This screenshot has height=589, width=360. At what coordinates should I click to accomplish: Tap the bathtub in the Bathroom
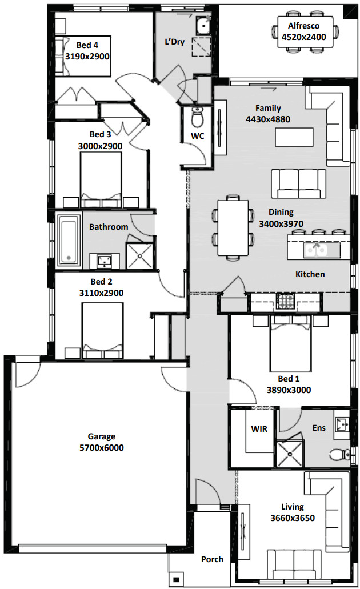tap(69, 241)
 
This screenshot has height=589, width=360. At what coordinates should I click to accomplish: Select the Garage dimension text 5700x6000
tap(102, 448)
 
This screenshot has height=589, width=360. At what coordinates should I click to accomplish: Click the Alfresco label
tap(303, 26)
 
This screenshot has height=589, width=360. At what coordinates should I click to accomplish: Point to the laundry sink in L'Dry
tap(203, 26)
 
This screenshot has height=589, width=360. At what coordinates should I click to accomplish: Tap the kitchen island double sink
tap(317, 250)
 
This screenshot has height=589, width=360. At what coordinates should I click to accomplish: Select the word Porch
tap(212, 559)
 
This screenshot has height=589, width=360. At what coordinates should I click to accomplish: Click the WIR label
tap(259, 428)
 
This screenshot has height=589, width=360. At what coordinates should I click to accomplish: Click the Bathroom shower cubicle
tap(140, 256)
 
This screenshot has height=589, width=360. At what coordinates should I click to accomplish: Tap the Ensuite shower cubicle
tap(290, 454)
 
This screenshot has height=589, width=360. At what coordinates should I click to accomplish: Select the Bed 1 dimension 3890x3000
tap(289, 390)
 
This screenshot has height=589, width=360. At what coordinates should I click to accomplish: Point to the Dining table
tap(233, 227)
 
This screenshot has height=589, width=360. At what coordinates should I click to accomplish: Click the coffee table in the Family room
tap(294, 137)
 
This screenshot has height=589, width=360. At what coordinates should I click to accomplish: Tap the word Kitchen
tap(310, 274)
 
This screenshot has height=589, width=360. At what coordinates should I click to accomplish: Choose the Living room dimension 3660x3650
tap(293, 518)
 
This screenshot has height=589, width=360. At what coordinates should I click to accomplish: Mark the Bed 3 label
tap(100, 134)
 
